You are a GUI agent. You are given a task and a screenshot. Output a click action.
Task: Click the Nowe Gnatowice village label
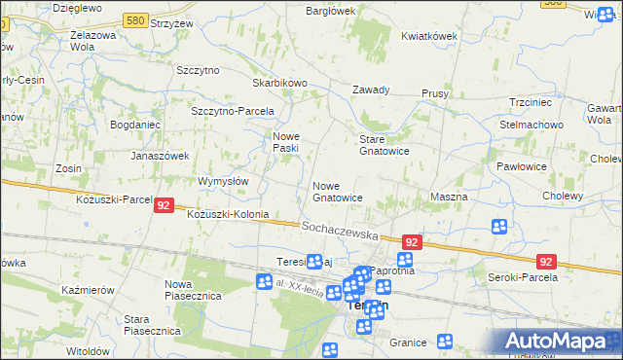pos(337,191)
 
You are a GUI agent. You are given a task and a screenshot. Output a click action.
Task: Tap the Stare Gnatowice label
pos(384,145)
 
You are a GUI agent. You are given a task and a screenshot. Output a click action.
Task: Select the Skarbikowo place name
pos(279,84)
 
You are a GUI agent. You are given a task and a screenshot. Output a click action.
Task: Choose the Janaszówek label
pos(160,155)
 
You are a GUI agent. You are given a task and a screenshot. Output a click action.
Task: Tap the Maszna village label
pos(449,197)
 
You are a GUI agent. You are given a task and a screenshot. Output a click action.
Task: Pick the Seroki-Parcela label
pos(521,277)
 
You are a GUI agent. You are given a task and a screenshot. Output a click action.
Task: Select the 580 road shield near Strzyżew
pos(137,19)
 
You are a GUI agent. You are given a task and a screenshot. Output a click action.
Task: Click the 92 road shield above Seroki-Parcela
pos(546,261)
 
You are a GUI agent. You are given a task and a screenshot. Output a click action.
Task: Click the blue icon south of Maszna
pos(499,227)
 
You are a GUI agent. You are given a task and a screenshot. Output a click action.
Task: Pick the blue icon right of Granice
pos(445,342)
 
